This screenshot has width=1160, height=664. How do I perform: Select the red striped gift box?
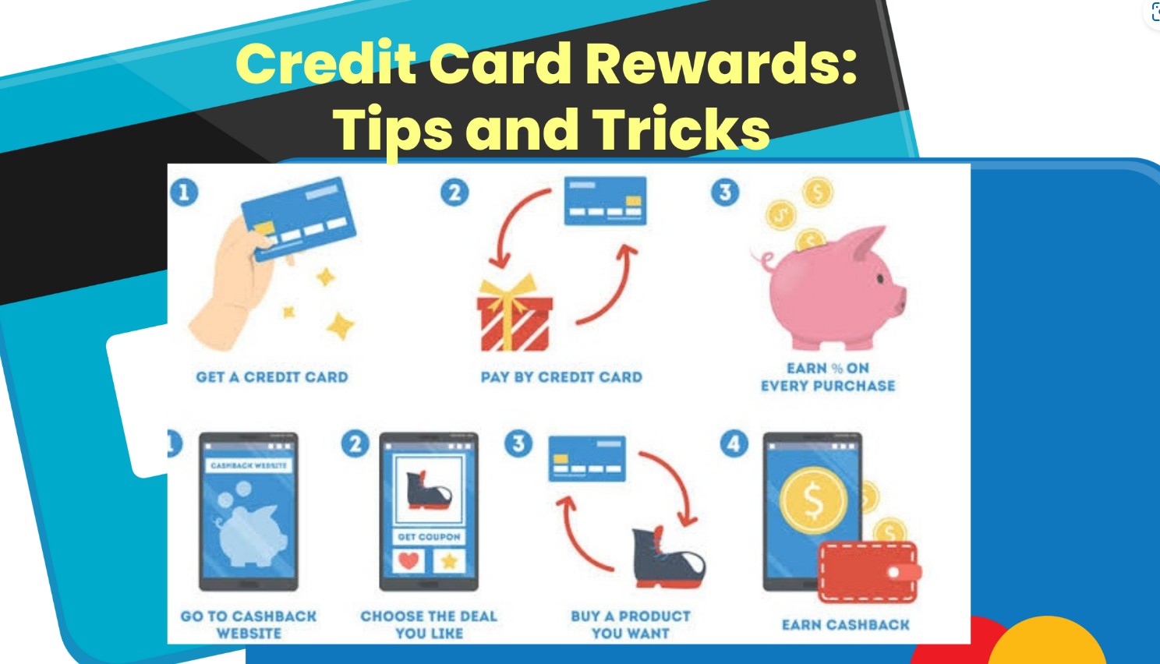(515, 313)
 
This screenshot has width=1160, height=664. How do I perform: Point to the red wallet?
(870, 572)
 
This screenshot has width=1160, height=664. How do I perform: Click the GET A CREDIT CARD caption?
(272, 376)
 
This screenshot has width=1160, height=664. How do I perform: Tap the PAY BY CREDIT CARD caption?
(561, 376)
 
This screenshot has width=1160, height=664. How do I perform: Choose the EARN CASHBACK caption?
(846, 625)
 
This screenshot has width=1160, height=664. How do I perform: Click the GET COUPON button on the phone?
(429, 537)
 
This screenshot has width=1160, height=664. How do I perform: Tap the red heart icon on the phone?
(408, 561)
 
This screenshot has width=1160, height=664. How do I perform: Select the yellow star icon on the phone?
(449, 561)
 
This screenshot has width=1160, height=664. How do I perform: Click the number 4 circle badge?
(734, 443)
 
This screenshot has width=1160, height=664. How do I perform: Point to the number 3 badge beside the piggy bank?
(725, 192)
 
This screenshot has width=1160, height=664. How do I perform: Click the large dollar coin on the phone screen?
(814, 500)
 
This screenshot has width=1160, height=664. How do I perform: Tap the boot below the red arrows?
(669, 558)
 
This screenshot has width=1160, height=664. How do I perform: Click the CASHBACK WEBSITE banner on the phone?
(249, 465)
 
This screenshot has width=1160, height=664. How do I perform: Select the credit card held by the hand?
(299, 219)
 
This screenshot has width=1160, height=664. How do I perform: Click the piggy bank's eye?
(881, 278)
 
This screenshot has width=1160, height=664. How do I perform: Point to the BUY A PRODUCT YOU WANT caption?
(630, 625)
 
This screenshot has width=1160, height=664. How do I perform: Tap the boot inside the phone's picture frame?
(428, 491)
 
